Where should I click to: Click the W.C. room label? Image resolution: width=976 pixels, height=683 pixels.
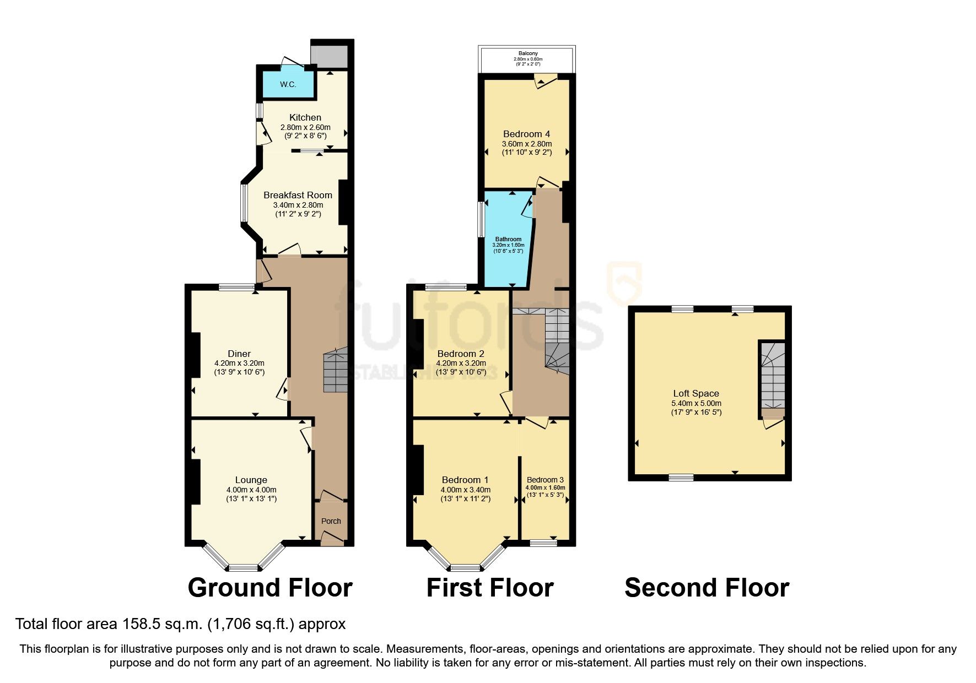[288, 84]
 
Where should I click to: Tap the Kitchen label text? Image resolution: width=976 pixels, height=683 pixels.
[305, 117]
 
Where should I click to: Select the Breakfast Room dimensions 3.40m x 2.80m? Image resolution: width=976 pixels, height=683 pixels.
[298, 205]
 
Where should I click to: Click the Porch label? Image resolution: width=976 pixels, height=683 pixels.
[331, 521]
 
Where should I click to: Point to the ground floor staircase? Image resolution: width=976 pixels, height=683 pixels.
[336, 370]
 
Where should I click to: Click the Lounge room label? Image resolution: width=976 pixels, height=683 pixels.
[251, 480]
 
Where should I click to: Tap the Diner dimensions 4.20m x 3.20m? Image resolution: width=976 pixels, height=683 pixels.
[239, 363]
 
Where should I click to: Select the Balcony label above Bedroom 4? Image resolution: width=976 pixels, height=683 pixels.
[528, 53]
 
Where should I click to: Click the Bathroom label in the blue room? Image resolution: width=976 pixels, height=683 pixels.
[508, 240]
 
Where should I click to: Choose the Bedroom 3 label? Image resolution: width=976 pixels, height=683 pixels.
[545, 480]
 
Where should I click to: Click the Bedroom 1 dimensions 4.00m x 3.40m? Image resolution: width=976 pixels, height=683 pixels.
[466, 490]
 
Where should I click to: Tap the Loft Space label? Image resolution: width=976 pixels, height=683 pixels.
[696, 393]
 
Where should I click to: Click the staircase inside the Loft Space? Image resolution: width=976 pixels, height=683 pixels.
[773, 377]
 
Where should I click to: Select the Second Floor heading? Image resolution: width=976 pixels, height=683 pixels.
[707, 588]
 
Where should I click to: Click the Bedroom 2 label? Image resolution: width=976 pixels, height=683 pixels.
[461, 354]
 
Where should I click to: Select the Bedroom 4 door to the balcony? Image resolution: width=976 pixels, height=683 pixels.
[545, 80]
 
